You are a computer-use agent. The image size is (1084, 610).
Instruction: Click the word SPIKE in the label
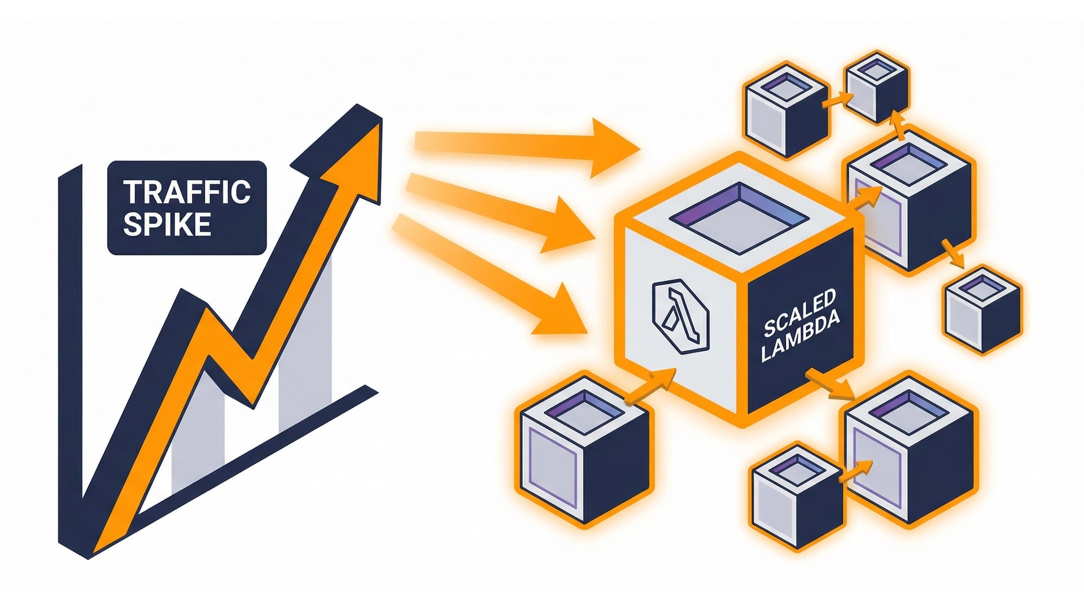tap(167, 224)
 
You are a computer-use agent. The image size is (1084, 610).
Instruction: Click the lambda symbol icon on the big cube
tap(680, 317)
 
